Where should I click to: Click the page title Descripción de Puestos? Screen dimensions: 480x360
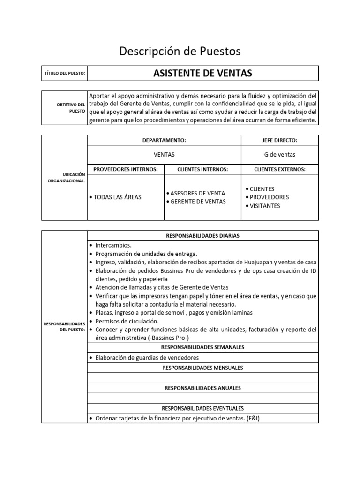click(180, 51)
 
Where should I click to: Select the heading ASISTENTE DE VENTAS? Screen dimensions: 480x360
click(202, 73)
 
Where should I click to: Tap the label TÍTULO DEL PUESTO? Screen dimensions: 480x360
click(64, 74)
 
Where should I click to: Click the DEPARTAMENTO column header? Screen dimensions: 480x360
click(164, 140)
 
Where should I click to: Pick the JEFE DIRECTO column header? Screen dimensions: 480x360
click(279, 140)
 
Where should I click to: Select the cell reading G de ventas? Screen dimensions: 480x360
click(279, 154)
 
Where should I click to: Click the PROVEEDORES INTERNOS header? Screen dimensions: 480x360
click(126, 169)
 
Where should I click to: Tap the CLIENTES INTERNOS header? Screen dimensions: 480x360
click(202, 169)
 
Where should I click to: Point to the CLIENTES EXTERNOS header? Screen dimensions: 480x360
click(279, 169)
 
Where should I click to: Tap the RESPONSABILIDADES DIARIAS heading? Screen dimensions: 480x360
click(202, 236)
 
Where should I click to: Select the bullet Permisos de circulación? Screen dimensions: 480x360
click(127, 322)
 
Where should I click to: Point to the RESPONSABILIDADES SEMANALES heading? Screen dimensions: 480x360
click(202, 347)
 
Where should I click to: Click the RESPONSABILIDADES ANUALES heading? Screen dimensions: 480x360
click(202, 388)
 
